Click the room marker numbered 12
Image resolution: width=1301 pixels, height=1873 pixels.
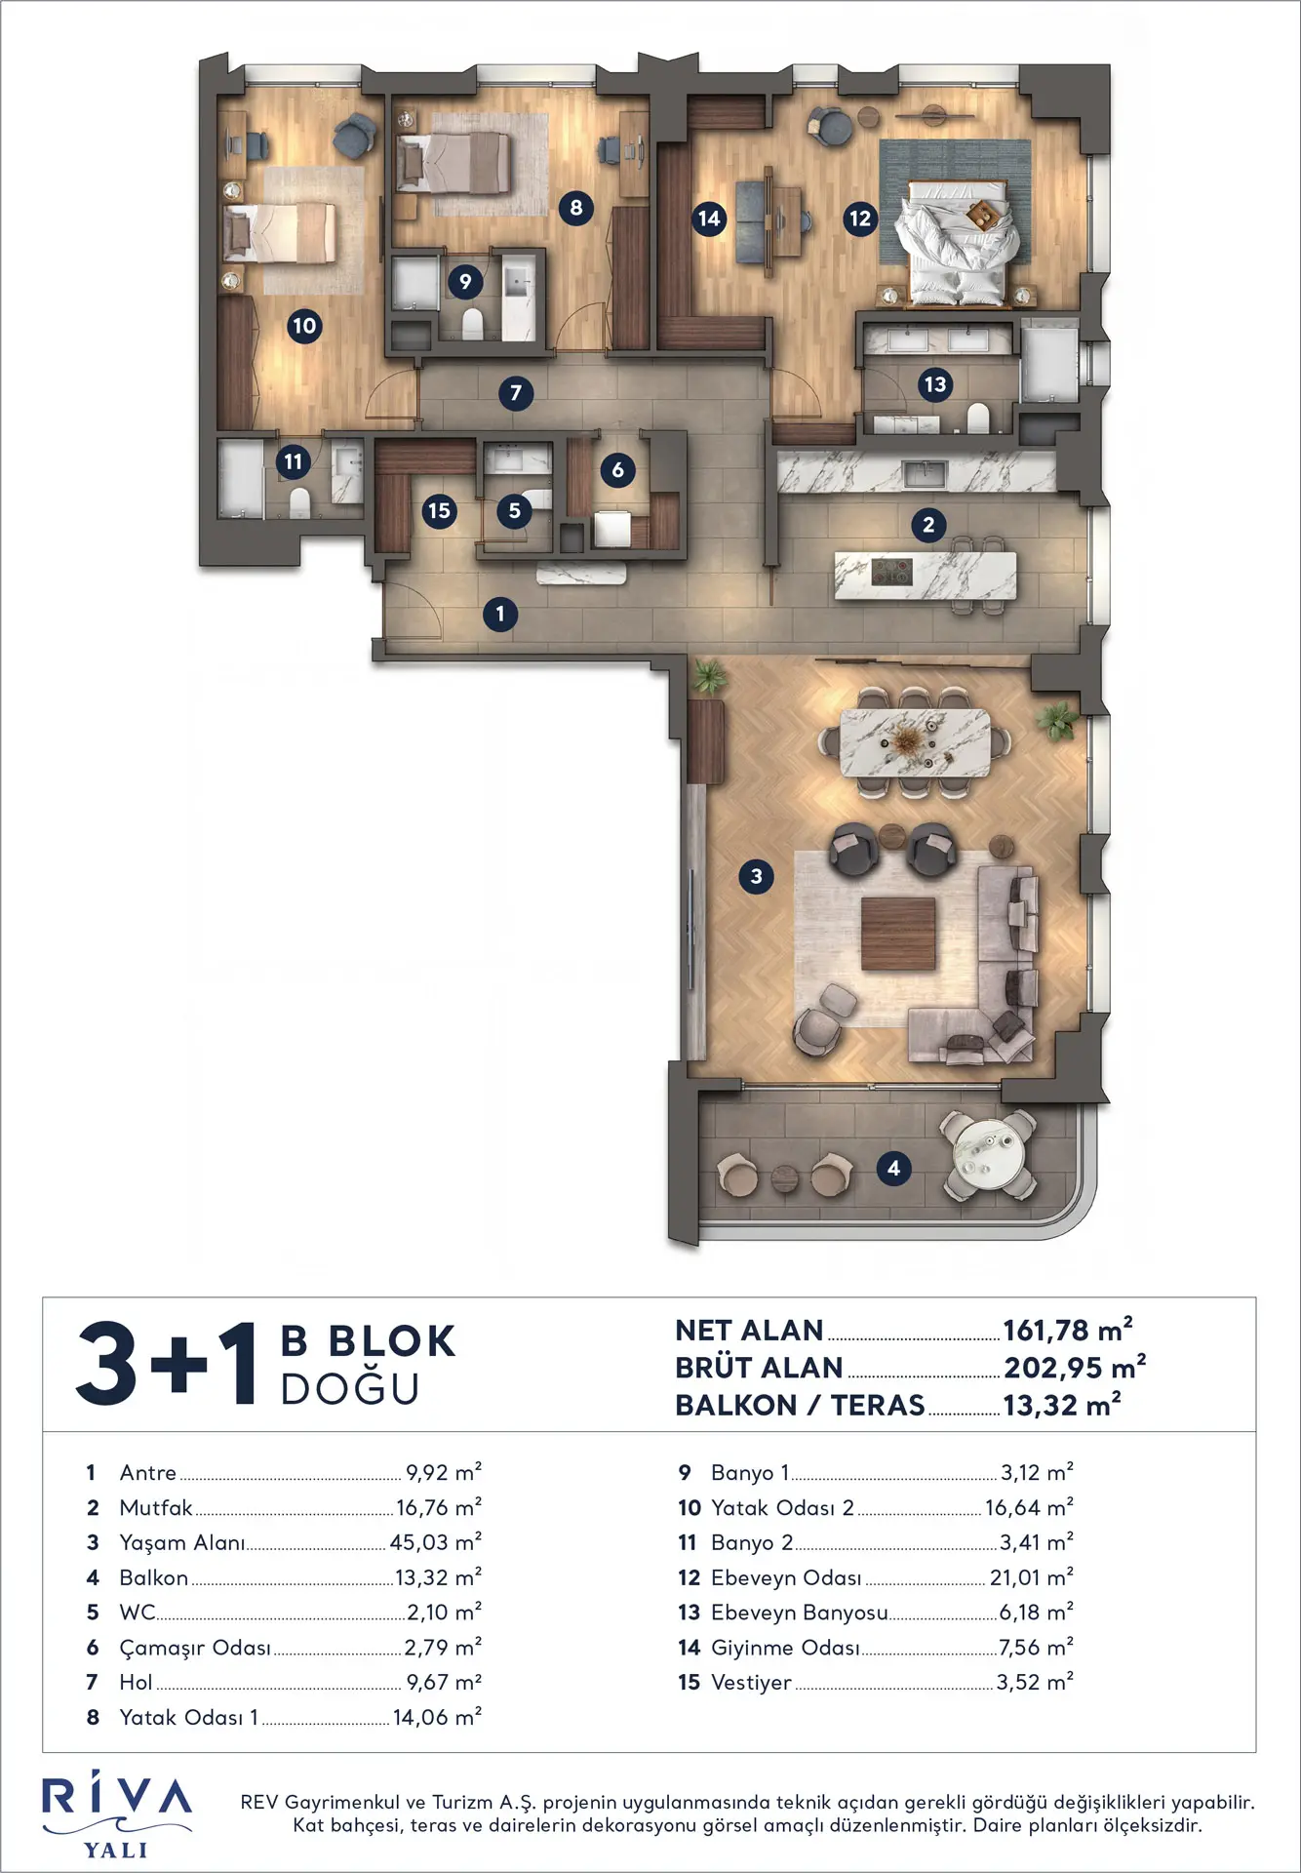tap(859, 219)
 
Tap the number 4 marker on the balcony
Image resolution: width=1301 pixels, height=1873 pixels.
tap(893, 1168)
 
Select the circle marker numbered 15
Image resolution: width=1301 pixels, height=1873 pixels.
tap(440, 510)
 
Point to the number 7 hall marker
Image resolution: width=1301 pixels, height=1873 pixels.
tap(516, 393)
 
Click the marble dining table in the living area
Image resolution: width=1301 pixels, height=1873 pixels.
tap(915, 742)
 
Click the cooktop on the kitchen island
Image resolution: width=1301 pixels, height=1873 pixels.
tap(891, 571)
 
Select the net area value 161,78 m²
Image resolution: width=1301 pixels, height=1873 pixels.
tap(1068, 1330)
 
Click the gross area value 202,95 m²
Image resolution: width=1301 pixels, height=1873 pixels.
tap(1075, 1368)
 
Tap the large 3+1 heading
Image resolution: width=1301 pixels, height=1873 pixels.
tap(167, 1364)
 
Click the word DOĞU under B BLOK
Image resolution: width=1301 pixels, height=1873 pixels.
tap(350, 1389)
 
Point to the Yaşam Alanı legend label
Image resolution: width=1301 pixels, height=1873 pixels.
tap(181, 1542)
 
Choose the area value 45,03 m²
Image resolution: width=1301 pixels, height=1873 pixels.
tap(436, 1542)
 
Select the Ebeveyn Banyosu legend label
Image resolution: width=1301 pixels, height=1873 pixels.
tap(799, 1613)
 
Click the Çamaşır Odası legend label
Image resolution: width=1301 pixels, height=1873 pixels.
tap(195, 1648)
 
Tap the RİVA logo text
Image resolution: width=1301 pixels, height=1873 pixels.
tap(117, 1797)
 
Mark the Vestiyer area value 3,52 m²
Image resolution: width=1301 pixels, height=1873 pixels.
tap(1035, 1682)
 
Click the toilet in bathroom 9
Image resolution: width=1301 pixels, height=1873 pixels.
tap(472, 324)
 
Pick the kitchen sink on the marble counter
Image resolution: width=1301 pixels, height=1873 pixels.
tap(925, 473)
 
